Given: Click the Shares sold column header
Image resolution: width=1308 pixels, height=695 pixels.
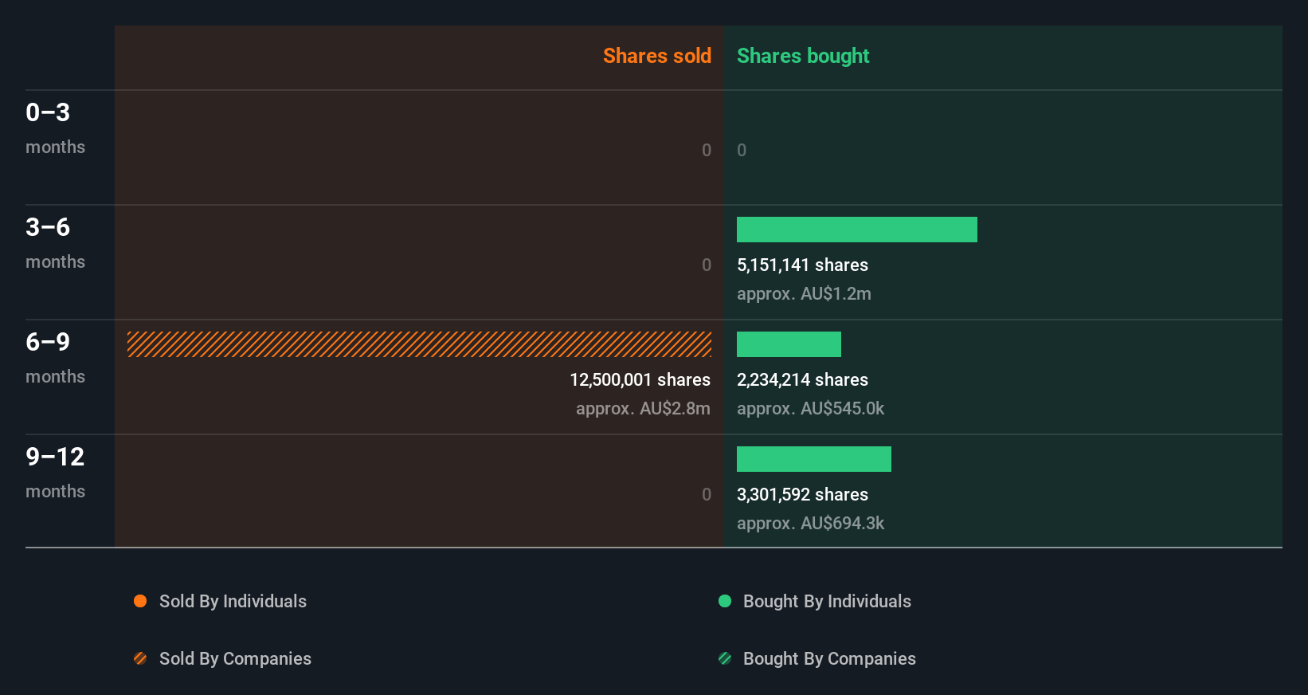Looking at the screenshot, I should pos(656,56).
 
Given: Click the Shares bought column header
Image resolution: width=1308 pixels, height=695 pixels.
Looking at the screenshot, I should pos(802,56).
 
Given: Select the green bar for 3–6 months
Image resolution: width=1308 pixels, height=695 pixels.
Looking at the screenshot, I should pos(856,230).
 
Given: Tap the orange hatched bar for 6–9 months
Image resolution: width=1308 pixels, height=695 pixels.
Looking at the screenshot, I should pos(419,344).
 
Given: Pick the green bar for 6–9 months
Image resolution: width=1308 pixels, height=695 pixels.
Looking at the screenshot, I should pos(789,344).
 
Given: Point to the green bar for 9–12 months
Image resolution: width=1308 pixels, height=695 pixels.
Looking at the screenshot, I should pos(813,459).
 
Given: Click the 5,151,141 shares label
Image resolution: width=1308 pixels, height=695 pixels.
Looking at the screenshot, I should pos(802,265).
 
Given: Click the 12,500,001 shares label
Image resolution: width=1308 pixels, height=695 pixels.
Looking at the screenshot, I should pos(640,379).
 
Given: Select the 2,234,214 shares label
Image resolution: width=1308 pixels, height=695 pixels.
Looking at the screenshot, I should pos(802,379).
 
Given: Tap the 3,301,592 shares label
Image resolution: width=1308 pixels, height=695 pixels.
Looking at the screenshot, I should pos(802,494).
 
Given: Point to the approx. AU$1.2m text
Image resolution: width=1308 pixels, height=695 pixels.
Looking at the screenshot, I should pos(804,293).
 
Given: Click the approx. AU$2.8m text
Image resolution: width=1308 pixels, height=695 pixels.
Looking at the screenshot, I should pos(643,408).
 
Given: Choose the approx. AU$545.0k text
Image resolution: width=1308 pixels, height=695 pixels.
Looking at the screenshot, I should pos(810,408).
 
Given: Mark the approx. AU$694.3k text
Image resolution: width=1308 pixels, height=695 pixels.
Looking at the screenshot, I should pos(810,523).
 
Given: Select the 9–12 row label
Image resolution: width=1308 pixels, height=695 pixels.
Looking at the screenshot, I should pos(54,457).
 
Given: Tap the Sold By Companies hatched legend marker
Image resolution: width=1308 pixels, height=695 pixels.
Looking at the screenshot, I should pos(140,658).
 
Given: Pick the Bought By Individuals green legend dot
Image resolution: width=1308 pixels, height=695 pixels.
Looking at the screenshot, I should pos(725,601).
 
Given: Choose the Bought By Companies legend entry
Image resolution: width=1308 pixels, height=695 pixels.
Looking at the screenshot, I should pos(828,658).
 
